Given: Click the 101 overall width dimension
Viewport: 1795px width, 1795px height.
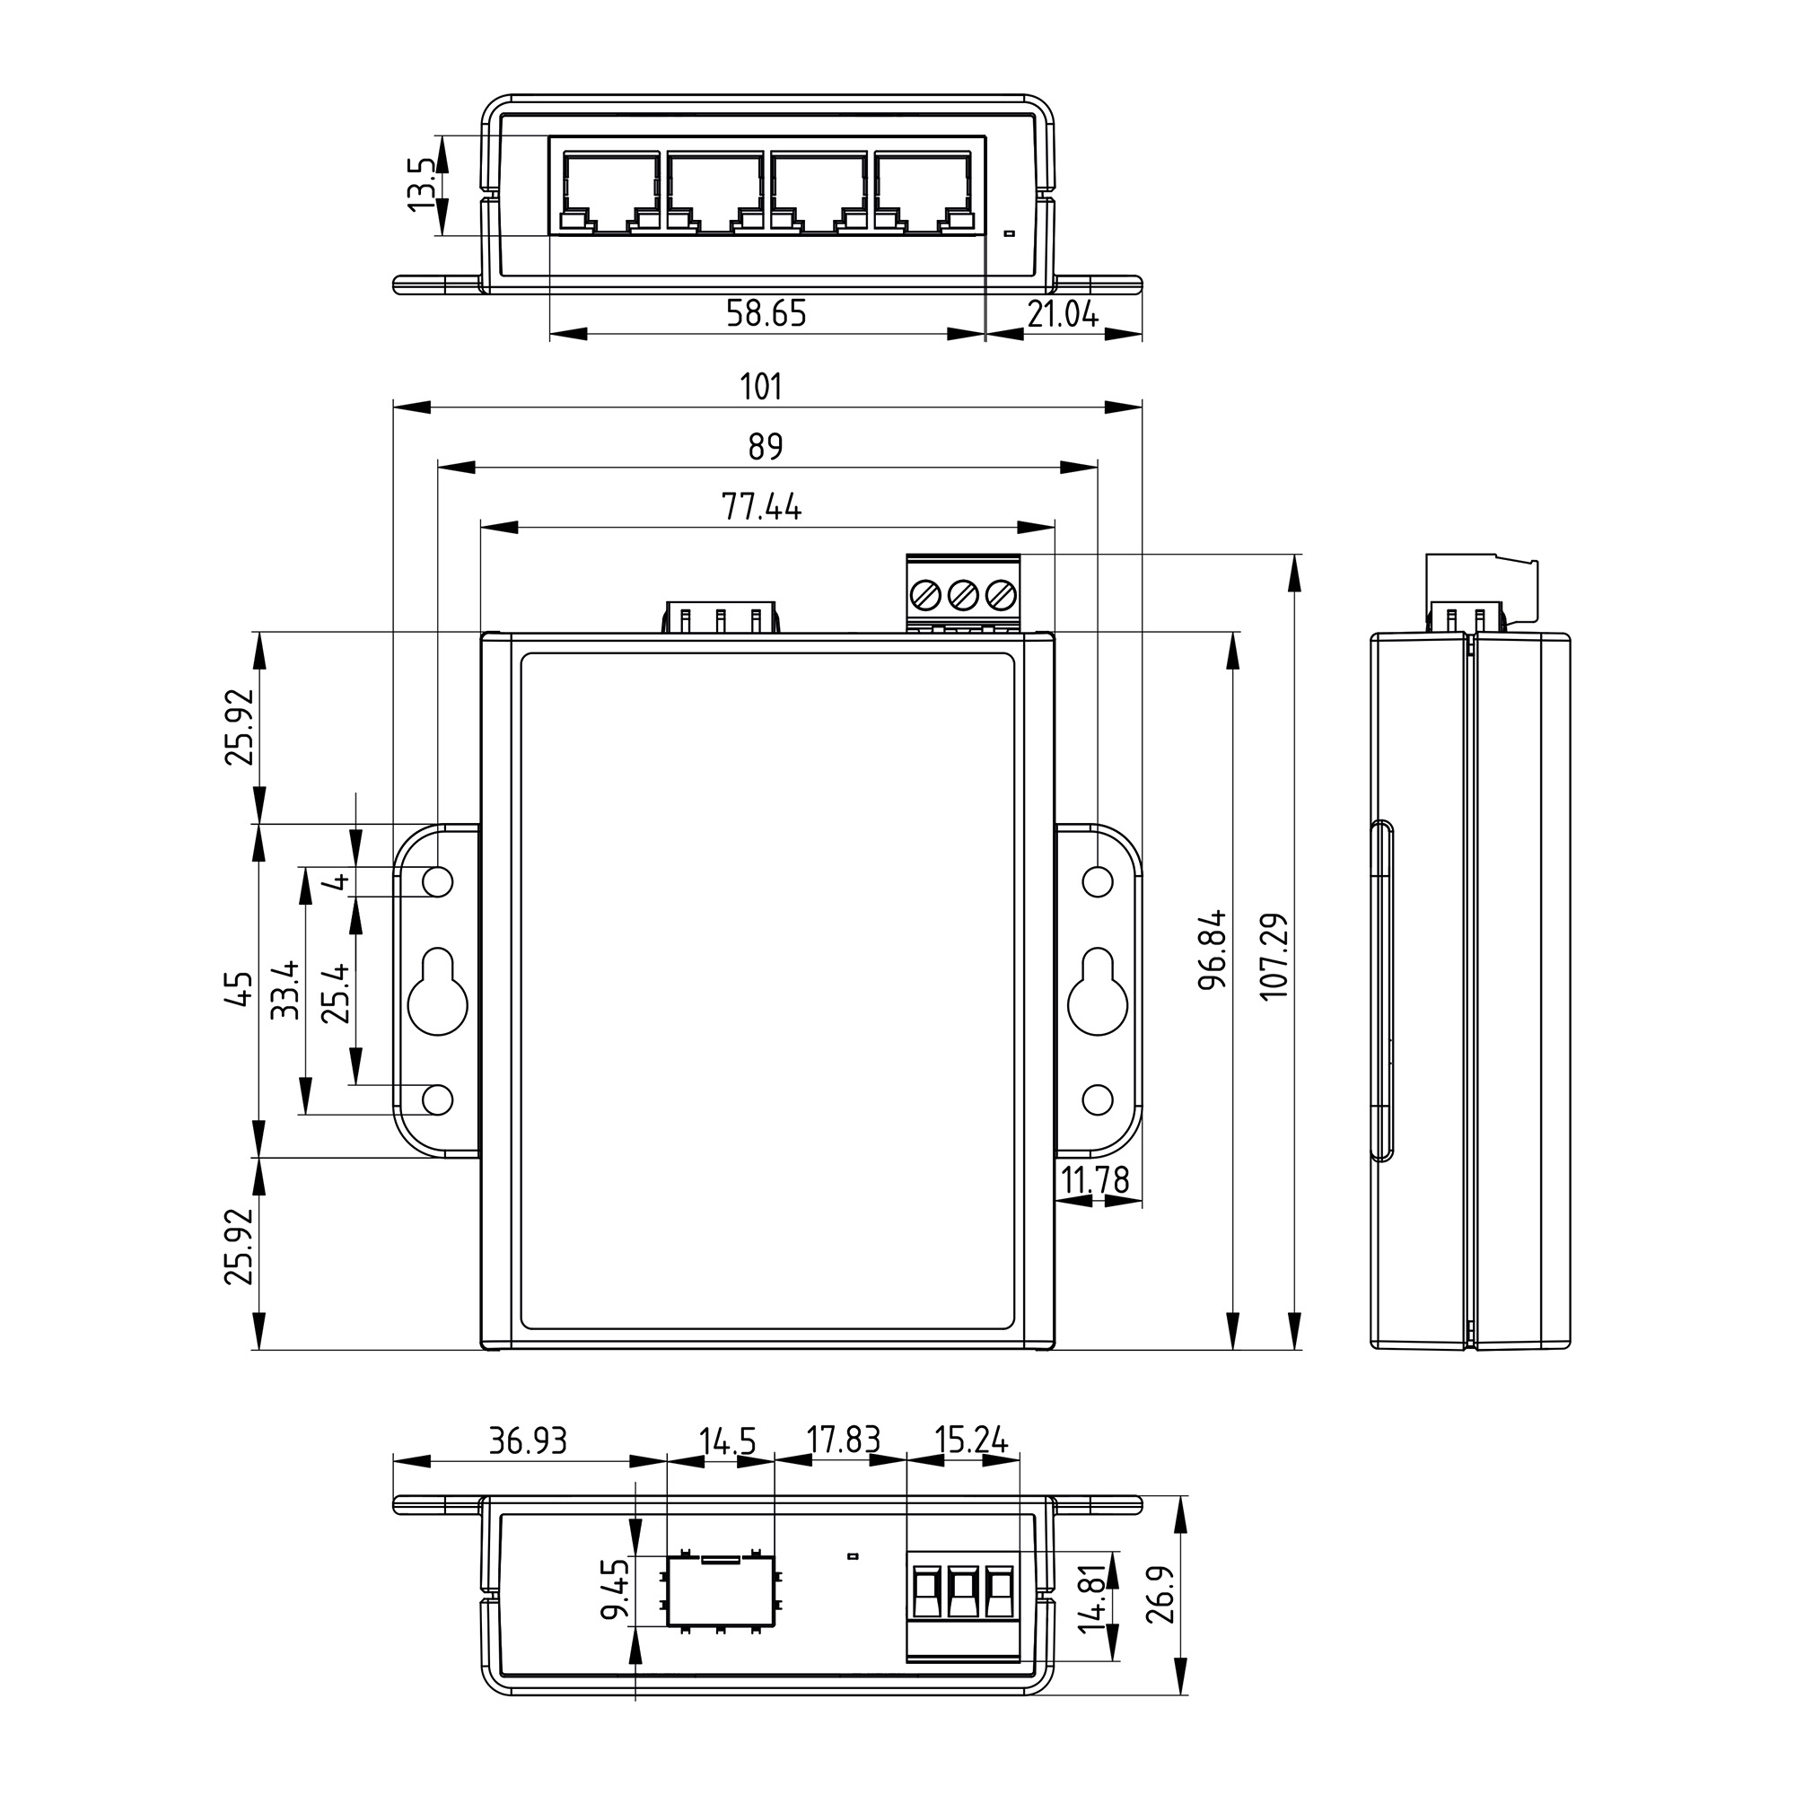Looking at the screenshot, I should click(x=761, y=387).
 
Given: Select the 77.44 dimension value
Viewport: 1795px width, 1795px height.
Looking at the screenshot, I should click(x=761, y=507).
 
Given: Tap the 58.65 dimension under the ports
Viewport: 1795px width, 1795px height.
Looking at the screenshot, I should click(x=766, y=314).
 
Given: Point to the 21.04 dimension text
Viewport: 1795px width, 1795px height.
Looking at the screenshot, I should click(x=1063, y=316).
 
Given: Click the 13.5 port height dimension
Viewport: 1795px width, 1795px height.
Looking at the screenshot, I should click(x=421, y=183).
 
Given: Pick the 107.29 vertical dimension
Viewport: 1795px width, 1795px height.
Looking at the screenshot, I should click(x=1274, y=956).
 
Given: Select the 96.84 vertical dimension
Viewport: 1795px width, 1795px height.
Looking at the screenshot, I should click(x=1213, y=950).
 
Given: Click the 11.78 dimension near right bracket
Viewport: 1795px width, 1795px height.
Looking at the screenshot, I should click(x=1094, y=1180).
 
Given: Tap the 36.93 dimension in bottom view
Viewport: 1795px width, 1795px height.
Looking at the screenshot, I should click(x=528, y=1441).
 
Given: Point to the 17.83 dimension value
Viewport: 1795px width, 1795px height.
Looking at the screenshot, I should click(x=843, y=1440).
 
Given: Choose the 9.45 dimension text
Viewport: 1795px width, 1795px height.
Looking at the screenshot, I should click(x=614, y=1589).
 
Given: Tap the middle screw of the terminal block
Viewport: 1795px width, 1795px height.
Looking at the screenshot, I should click(x=963, y=593).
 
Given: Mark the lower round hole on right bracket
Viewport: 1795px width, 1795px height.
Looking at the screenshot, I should click(x=1099, y=1100).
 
